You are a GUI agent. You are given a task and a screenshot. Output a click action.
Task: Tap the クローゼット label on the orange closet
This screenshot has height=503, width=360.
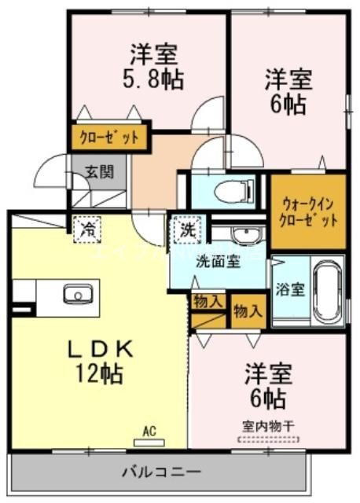click(x=110, y=138)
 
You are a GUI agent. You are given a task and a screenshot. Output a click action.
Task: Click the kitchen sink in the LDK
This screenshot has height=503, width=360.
click(x=78, y=296)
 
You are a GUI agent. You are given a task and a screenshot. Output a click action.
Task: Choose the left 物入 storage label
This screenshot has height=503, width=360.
click(x=208, y=300)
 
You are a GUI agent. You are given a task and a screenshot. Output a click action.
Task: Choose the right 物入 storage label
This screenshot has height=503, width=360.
click(x=248, y=310)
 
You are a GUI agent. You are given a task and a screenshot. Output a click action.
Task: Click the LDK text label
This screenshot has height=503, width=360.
click(x=98, y=348)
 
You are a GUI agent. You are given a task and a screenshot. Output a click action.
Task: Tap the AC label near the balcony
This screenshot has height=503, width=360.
click(x=150, y=430)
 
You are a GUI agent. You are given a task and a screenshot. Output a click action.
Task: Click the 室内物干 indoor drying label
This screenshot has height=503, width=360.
click(x=268, y=425)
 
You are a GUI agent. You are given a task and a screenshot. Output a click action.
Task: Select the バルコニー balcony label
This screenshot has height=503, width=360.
click(x=161, y=473)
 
